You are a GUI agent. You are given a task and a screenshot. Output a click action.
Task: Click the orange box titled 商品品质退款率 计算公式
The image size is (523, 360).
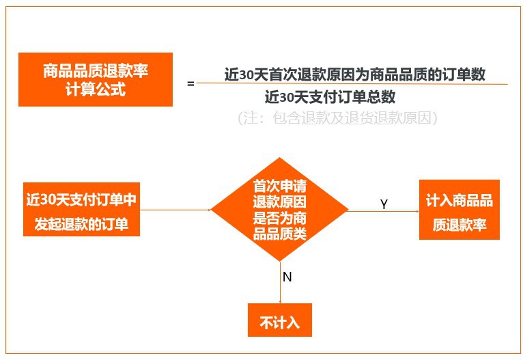[96, 79]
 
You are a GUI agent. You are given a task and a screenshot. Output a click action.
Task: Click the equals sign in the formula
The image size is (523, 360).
[190, 84]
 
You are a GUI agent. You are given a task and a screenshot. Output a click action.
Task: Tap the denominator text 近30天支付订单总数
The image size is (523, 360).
[330, 96]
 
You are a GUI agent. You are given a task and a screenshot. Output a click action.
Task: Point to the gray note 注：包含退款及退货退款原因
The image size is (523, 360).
[337, 118]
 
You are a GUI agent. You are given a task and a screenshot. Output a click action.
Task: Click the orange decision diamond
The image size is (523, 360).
[279, 209]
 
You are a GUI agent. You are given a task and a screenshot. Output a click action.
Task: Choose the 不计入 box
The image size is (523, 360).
[279, 320]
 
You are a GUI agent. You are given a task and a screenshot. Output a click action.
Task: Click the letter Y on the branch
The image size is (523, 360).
[384, 204]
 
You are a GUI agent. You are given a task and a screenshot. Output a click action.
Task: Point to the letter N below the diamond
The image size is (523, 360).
[287, 277]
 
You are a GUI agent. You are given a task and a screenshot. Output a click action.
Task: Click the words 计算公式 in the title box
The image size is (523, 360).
[96, 89]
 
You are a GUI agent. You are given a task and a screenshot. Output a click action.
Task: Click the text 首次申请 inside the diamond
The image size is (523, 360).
[279, 186]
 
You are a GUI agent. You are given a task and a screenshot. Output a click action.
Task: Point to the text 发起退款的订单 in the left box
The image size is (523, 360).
[81, 223]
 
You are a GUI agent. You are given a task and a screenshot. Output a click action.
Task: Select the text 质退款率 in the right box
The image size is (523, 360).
[459, 225]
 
